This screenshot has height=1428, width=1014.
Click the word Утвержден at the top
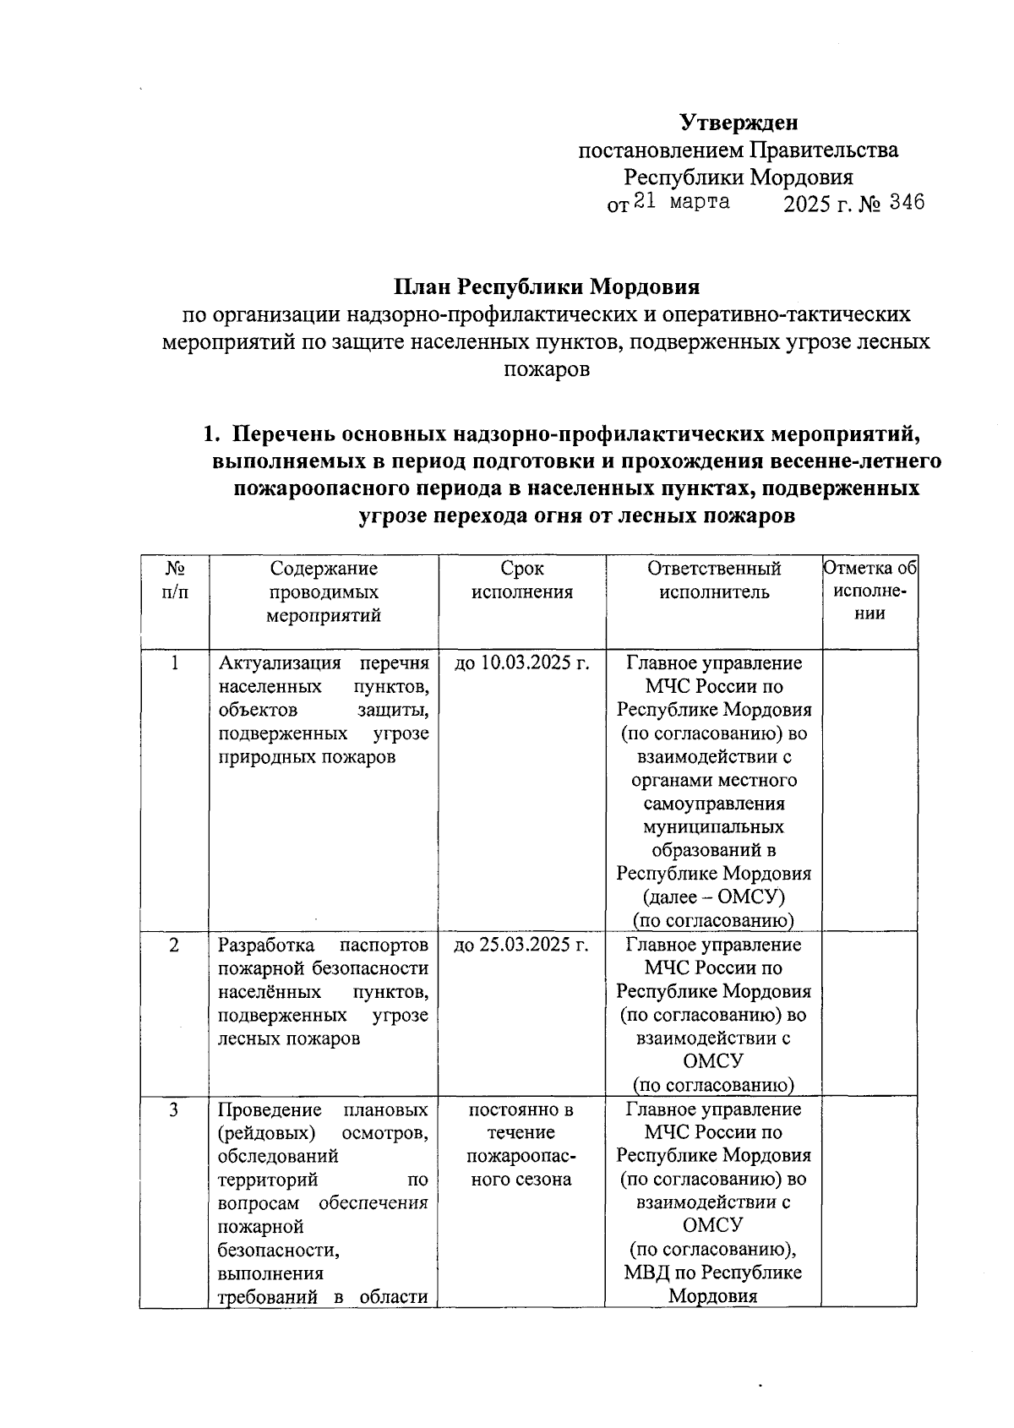pyautogui.click(x=739, y=123)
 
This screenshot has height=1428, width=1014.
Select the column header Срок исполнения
pyautogui.click(x=521, y=580)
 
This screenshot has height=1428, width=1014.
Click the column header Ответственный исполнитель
pyautogui.click(x=714, y=580)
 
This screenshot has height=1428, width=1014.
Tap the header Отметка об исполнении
pyautogui.click(x=870, y=591)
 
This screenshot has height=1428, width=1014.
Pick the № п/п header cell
pyautogui.click(x=174, y=580)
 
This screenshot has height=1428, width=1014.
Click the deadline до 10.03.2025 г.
pyautogui.click(x=521, y=663)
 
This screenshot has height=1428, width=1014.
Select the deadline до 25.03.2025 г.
pyautogui.click(x=521, y=945)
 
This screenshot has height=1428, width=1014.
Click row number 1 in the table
pyautogui.click(x=174, y=663)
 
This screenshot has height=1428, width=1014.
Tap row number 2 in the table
pyautogui.click(x=174, y=945)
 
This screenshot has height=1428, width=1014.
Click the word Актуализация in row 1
pyautogui.click(x=279, y=663)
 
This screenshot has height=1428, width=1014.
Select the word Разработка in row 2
pyautogui.click(x=266, y=945)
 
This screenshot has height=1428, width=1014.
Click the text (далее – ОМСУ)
pyautogui.click(x=714, y=897)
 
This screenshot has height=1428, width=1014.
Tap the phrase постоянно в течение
pyautogui.click(x=521, y=1120)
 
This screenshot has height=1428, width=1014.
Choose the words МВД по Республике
pyautogui.click(x=714, y=1273)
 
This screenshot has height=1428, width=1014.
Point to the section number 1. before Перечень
pyautogui.click(x=212, y=434)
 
